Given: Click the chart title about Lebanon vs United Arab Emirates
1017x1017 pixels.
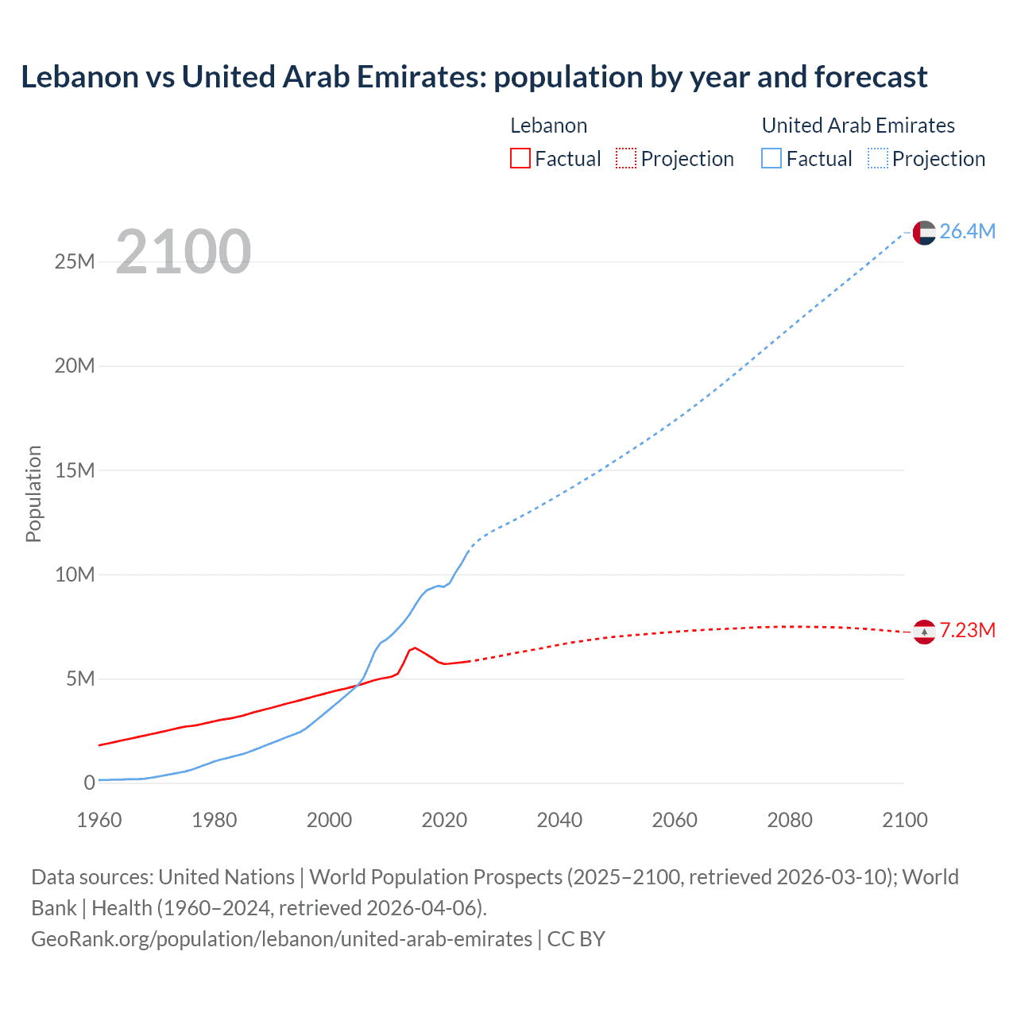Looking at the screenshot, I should point(474,77).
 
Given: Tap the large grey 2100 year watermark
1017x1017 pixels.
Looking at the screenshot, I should point(184,252).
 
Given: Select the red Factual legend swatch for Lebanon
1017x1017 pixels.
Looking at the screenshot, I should point(520,159).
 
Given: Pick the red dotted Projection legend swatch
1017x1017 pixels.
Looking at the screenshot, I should point(626,159).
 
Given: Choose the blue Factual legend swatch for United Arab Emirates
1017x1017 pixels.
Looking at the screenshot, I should point(771,159).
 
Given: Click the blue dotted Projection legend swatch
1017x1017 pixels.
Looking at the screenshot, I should point(877,159).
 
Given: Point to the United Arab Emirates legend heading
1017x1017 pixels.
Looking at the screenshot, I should point(858,126).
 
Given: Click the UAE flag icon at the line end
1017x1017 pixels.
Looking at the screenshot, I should point(924,232).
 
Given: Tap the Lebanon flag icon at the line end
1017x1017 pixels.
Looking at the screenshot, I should point(924,632).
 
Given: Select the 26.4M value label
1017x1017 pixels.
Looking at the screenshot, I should point(967,231).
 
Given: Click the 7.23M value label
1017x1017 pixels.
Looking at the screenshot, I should point(967,631).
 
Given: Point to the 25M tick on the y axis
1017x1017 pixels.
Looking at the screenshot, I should point(75,261).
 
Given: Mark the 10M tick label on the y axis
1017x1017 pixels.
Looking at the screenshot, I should point(75,574).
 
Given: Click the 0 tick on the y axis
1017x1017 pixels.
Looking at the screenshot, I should point(89,783).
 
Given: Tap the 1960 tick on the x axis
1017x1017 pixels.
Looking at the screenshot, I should point(99,820).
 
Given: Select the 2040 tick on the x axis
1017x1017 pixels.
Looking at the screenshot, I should point(559,820).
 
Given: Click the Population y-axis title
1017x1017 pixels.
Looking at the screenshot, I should point(33,493).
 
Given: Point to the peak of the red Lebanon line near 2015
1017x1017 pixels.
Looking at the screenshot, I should point(414,648).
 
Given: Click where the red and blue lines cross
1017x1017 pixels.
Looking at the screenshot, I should point(357,686).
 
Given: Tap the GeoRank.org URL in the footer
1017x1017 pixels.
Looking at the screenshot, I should point(281,939).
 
